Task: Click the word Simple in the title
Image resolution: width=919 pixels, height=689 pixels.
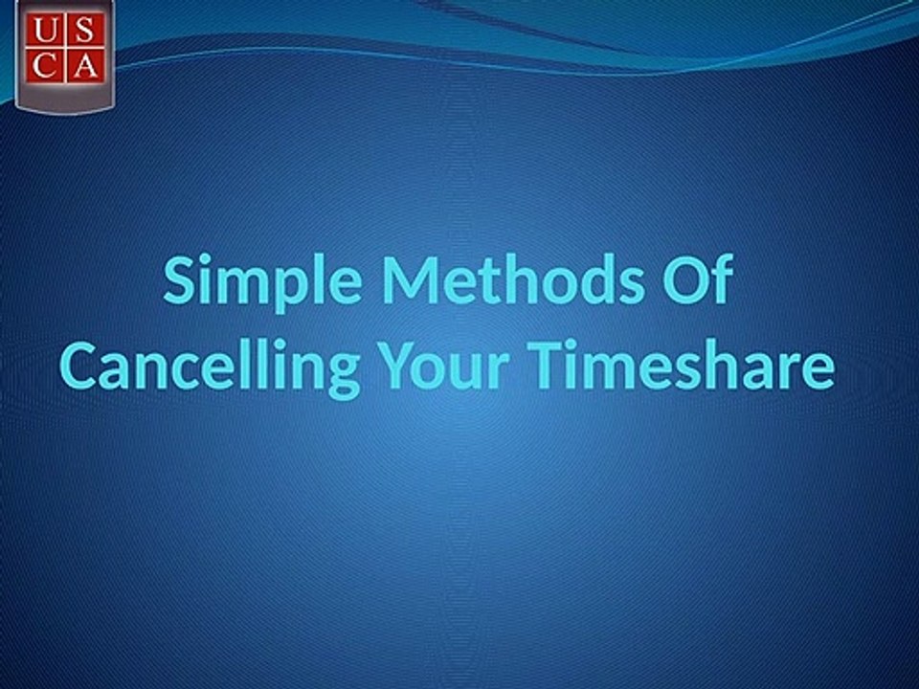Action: (x=262, y=281)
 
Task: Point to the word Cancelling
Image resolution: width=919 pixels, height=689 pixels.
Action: (x=210, y=367)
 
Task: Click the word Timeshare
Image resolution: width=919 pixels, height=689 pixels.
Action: (x=681, y=364)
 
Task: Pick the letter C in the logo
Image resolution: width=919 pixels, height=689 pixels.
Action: (x=45, y=67)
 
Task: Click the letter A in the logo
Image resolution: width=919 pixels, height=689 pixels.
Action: (x=85, y=67)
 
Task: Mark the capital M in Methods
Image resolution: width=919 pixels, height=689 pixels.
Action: (x=412, y=280)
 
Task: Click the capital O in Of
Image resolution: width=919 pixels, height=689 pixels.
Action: (x=685, y=279)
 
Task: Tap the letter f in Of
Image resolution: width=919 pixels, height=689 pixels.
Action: (x=724, y=278)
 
